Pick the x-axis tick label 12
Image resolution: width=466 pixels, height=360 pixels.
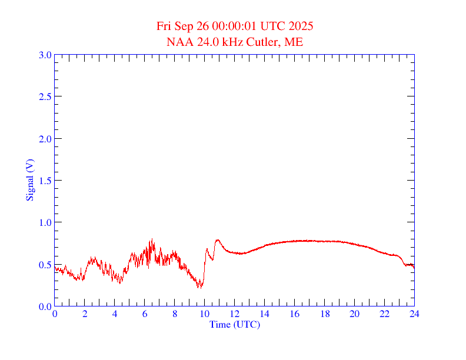pos(235,315)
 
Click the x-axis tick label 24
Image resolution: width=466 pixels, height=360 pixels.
pos(414,315)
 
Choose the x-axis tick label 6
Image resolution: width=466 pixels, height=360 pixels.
pos(145,315)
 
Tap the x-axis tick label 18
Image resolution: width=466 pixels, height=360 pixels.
pos(325,315)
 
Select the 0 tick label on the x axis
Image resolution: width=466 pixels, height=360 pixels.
pos(55,315)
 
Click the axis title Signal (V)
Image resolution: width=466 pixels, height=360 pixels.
pos(29,180)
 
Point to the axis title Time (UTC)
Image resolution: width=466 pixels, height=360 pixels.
pos(234,324)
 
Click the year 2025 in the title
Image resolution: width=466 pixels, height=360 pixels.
pos(301,26)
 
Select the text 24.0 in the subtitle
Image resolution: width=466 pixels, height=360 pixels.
pos(202,42)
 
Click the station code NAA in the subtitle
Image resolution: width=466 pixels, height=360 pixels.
pos(178,42)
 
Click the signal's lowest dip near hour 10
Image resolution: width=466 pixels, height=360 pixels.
pos(199,288)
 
